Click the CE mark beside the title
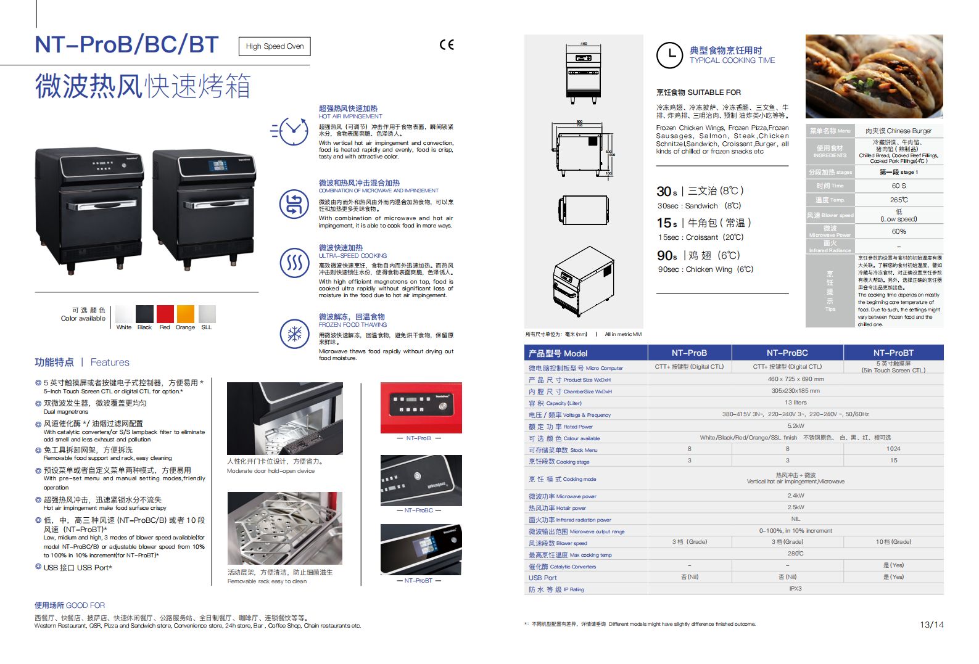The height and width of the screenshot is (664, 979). point(447,44)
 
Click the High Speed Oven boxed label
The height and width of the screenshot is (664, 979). point(275,46)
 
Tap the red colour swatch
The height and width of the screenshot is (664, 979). point(165,313)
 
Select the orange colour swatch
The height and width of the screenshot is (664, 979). point(185,313)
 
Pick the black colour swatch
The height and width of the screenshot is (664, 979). point(144,313)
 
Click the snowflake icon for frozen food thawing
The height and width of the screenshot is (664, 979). point(294,334)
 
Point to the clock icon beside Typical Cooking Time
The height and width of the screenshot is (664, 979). point(669,55)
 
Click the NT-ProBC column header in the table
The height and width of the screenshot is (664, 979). point(787,353)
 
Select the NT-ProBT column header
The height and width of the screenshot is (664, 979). point(893,353)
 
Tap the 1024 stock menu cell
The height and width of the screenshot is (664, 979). point(893,449)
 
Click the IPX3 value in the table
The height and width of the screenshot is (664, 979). point(795,589)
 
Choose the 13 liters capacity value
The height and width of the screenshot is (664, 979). point(795,402)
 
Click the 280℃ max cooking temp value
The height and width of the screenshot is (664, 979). point(795,554)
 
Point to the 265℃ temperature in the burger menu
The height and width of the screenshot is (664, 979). point(898,200)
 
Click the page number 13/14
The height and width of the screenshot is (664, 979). point(931,625)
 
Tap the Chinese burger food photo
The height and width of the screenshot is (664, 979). point(874,76)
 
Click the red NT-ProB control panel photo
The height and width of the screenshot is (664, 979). point(421,408)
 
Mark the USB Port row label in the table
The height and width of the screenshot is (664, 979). point(542,578)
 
